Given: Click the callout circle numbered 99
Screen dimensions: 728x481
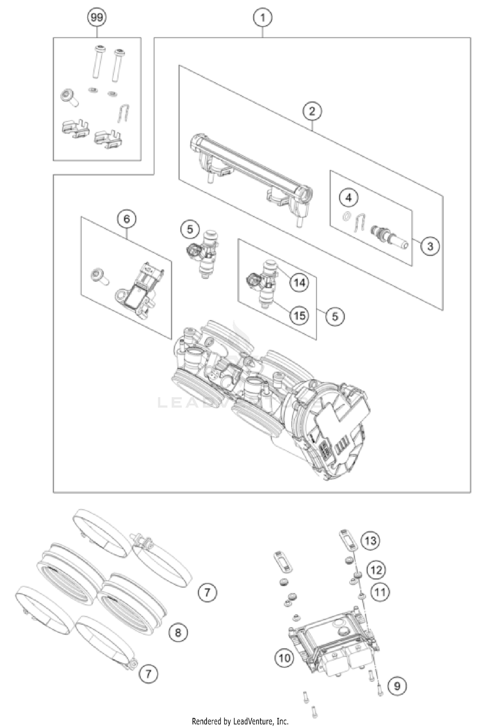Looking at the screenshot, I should pos(97,17).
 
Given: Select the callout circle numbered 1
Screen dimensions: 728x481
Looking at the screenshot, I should pos(263,17).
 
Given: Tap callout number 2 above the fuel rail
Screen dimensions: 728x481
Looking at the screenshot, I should pos(312,111).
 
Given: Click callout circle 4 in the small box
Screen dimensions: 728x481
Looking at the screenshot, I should pos(349,198).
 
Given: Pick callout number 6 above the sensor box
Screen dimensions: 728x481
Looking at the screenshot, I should pos(126,219).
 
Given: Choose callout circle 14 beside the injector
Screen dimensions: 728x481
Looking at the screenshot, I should pos(300,282).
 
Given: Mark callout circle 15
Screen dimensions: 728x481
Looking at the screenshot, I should pos(300,315).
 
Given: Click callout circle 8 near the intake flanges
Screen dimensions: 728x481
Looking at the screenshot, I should pos(178,632).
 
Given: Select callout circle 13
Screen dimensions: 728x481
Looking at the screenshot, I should pos(370,541).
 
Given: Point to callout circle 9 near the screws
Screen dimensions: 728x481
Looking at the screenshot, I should pos(397,686).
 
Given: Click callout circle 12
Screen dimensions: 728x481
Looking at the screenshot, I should pos(376,570).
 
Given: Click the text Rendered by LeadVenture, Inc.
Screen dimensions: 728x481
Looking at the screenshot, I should pos(240,721).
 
